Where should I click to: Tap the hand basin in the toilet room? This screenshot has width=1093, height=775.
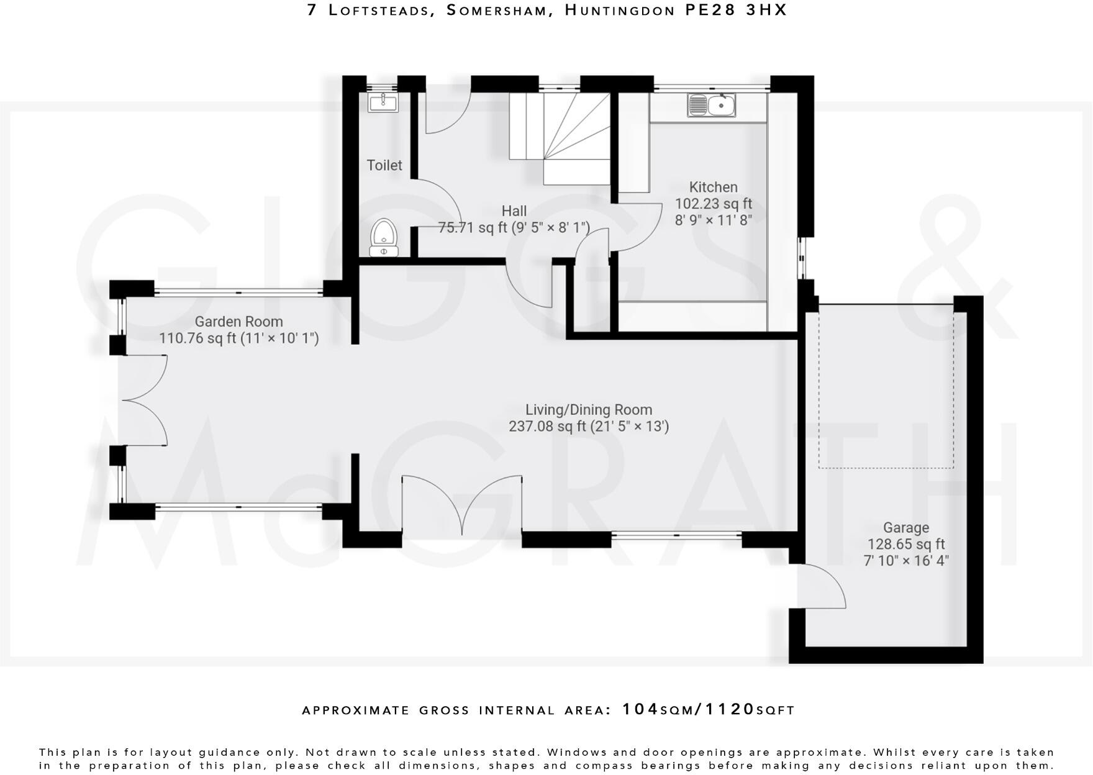383,102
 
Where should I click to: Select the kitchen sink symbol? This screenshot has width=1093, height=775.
711,105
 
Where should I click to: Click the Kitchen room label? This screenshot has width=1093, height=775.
714,187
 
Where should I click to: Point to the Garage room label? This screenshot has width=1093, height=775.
906,528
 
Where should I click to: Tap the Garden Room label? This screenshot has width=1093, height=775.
238,322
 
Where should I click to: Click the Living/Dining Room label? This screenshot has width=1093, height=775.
589,410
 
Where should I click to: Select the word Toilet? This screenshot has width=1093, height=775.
384,165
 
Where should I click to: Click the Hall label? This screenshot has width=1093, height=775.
514,211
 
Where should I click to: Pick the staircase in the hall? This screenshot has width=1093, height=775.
559,138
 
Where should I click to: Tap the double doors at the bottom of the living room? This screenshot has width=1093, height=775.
462,505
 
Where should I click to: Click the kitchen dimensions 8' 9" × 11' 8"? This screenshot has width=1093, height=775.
714,220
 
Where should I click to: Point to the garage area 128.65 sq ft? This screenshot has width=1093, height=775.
906,545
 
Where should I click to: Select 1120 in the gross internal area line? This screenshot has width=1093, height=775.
729,709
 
